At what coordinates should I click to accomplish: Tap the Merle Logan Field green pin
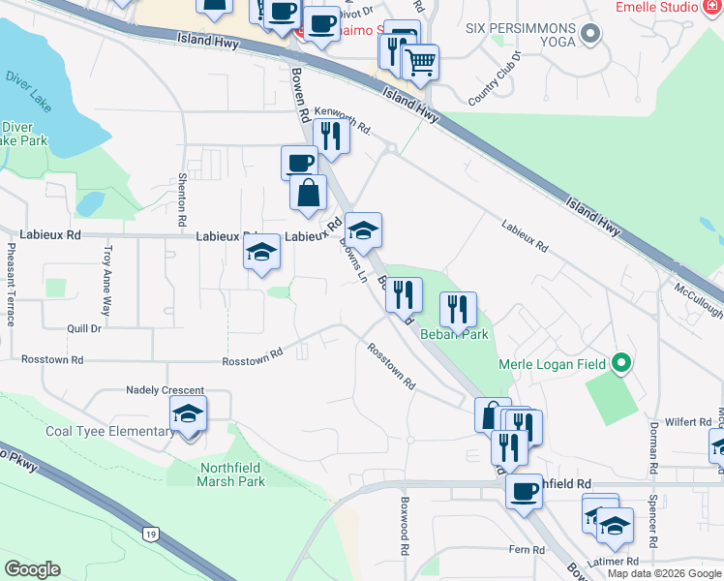(621, 364)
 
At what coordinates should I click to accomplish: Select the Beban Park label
(454, 334)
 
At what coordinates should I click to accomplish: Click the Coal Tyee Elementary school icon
(189, 415)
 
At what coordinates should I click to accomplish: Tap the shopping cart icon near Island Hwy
(420, 63)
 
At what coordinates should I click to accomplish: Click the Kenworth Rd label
(343, 120)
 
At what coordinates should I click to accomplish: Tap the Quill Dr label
(84, 328)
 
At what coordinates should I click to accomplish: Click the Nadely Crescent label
(165, 389)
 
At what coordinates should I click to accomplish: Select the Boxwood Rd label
(406, 520)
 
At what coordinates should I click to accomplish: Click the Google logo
(32, 569)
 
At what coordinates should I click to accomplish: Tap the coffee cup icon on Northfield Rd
(524, 491)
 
